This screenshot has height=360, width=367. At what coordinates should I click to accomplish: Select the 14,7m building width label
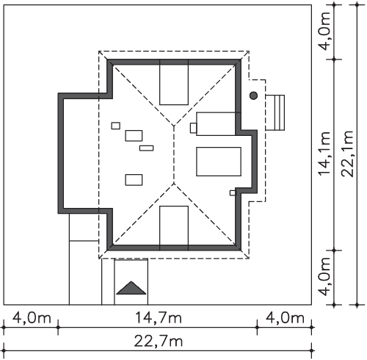click(159, 317)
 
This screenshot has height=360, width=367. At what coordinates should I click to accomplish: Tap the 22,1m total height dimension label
click(348, 154)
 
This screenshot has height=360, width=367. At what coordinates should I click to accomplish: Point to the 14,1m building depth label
click(324, 154)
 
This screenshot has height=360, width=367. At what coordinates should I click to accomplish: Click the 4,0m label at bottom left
click(32, 318)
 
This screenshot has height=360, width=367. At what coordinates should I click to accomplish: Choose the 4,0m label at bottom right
click(285, 318)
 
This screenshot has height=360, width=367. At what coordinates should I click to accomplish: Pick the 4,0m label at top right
click(325, 31)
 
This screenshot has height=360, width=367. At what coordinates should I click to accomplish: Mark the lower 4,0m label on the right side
click(325, 277)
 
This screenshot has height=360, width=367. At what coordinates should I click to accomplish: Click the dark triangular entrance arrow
click(131, 288)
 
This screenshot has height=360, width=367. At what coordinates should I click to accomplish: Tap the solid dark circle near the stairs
click(253, 96)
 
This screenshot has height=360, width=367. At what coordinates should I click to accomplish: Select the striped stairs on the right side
click(275, 112)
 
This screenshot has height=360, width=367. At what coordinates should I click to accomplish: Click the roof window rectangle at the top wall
click(174, 82)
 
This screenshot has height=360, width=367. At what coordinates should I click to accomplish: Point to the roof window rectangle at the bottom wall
click(174, 228)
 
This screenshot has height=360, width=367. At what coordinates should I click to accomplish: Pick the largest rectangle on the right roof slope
click(219, 162)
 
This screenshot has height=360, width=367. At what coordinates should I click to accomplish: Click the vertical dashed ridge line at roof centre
click(174, 154)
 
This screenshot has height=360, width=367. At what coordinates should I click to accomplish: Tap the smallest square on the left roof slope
click(116, 126)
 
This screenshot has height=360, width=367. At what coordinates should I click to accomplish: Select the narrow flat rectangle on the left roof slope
click(147, 148)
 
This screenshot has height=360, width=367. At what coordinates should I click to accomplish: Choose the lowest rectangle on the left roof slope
click(134, 180)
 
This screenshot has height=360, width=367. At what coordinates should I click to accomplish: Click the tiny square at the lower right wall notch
click(233, 193)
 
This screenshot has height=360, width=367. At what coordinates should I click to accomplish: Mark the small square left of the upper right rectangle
click(193, 128)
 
